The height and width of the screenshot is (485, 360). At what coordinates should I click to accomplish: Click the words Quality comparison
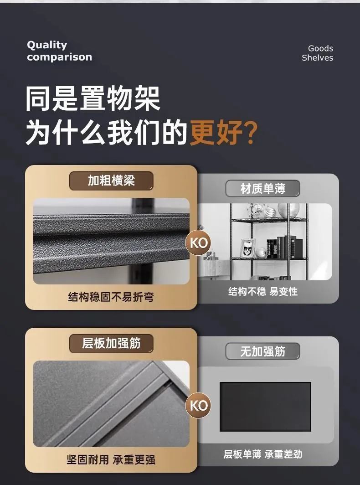(x=59, y=51)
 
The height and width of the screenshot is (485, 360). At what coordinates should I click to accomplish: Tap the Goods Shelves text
(x=317, y=53)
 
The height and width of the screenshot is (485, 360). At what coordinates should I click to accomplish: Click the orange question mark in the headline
(x=248, y=133)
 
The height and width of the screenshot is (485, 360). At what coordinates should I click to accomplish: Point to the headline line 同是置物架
(x=93, y=98)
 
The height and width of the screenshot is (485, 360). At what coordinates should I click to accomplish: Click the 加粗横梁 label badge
(x=111, y=181)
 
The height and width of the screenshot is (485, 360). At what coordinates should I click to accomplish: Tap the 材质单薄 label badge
(x=263, y=188)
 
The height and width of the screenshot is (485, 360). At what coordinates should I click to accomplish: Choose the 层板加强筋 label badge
(x=111, y=343)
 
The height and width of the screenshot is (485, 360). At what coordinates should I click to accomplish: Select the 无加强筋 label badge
(x=263, y=351)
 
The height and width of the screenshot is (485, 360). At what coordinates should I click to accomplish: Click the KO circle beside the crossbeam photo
(x=198, y=243)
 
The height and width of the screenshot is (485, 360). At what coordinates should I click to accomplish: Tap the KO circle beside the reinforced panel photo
(x=198, y=406)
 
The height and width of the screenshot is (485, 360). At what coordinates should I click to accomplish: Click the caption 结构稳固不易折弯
(x=111, y=297)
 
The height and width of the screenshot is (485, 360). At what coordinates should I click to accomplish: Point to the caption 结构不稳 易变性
(x=263, y=291)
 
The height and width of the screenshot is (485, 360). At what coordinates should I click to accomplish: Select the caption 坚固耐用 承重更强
(x=111, y=459)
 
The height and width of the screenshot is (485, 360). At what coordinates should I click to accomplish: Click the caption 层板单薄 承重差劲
(x=263, y=454)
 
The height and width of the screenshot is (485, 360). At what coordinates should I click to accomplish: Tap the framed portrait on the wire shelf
(x=248, y=248)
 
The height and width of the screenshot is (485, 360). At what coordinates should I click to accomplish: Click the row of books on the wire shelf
(x=284, y=247)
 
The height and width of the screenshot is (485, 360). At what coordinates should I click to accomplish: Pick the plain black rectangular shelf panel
(x=265, y=407)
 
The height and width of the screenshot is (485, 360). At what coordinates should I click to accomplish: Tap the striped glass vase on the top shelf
(x=288, y=210)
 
